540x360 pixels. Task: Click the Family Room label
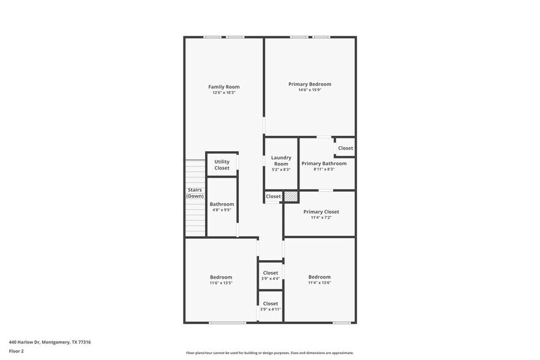(223, 87)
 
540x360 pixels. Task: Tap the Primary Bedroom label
(310, 84)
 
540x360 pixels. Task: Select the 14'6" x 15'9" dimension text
(310, 90)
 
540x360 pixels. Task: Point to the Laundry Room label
(281, 160)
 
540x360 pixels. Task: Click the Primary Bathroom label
(324, 163)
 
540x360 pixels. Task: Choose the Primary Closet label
(321, 212)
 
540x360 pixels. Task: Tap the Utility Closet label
(222, 165)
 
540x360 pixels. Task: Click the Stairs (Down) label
(195, 193)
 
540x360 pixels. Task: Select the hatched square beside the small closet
(291, 197)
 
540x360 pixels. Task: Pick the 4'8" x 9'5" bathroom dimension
(222, 210)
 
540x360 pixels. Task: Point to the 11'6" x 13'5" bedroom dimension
(221, 283)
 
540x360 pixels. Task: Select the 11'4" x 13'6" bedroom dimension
(319, 283)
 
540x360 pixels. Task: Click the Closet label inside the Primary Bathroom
(345, 148)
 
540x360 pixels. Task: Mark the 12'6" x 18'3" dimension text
(223, 92)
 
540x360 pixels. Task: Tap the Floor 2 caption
(16, 351)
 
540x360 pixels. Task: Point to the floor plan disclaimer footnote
(269, 353)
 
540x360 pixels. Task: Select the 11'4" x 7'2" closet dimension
(321, 217)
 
